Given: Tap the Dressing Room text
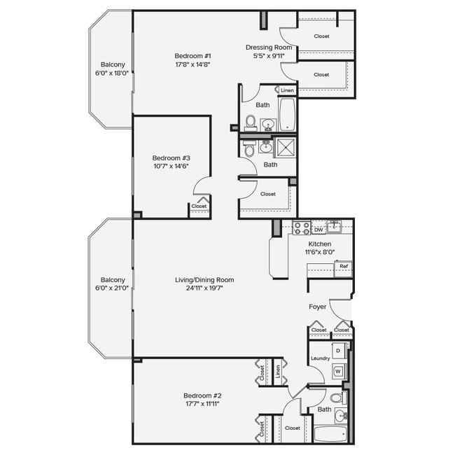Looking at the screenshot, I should [269, 48].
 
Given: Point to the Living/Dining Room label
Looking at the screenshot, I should [204, 280].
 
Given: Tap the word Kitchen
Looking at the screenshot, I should [318, 244].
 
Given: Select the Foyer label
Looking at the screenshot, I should [318, 307].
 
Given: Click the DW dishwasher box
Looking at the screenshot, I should [318, 229].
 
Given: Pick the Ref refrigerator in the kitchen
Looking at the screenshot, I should [343, 267].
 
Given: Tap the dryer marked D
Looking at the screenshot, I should [338, 350].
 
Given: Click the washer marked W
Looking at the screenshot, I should [338, 371].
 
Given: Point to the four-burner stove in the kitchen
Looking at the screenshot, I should [301, 227].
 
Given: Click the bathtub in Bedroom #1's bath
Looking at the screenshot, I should [287, 113].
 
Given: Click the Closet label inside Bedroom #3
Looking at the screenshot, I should [199, 206].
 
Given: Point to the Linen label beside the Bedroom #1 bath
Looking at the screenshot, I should [287, 90].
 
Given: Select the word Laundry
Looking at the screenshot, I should [320, 358].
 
